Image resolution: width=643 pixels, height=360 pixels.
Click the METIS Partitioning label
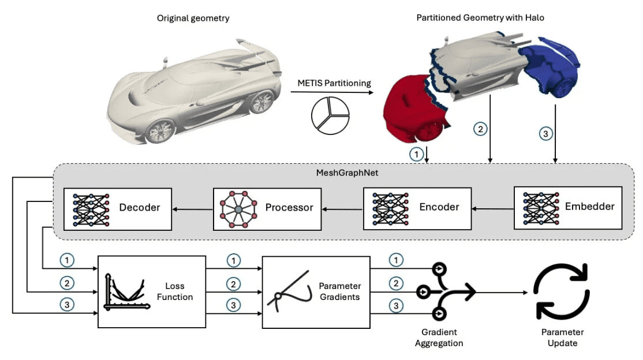pyautogui.click(x=334, y=83)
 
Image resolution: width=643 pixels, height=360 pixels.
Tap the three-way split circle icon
pyautogui.click(x=330, y=115)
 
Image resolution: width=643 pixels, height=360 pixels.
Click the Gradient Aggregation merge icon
pyautogui.click(x=447, y=291)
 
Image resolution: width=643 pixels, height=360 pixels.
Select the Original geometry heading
pyautogui.click(x=193, y=18)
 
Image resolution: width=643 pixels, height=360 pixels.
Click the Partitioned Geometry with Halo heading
pyautogui.click(x=480, y=18)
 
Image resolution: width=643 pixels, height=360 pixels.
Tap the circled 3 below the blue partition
pyautogui.click(x=544, y=134)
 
